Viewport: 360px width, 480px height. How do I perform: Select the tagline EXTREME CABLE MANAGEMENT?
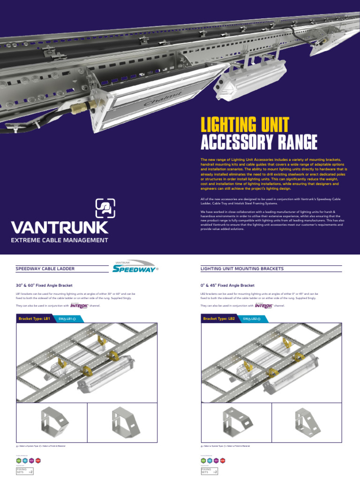[x=60, y=240]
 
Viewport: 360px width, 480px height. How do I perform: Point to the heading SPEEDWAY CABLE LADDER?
[x=45, y=269]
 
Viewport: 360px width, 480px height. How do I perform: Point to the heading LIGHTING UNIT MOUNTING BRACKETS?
[x=241, y=269]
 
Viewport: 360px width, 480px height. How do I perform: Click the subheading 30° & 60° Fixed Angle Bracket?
[x=45, y=285]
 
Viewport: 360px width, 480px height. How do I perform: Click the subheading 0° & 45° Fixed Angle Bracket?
[x=227, y=285]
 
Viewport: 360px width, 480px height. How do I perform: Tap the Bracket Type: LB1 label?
[x=34, y=319]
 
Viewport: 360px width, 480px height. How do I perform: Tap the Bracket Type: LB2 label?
[x=218, y=319]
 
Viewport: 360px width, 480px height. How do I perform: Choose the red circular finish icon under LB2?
[x=223, y=460]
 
